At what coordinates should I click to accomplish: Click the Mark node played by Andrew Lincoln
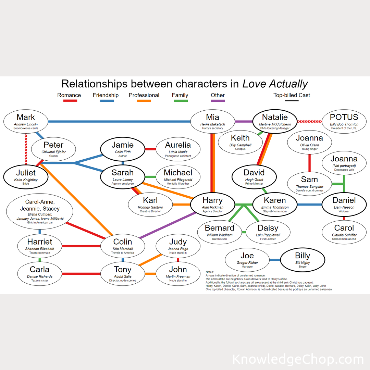click(x=26, y=121)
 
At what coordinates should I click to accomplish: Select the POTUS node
click(x=344, y=121)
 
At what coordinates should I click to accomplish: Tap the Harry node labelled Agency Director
click(x=213, y=204)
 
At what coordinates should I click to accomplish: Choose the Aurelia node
click(x=178, y=149)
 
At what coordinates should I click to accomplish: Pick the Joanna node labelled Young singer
click(x=309, y=142)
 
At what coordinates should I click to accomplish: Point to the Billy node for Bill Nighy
click(x=303, y=260)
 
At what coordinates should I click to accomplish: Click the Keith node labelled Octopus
click(x=241, y=142)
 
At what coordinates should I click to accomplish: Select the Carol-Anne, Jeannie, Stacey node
click(x=40, y=211)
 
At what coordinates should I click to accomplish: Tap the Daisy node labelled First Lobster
click(x=268, y=232)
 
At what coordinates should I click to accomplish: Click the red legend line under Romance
click(x=69, y=101)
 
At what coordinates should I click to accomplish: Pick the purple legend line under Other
click(x=218, y=101)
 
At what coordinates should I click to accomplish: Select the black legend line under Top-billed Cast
click(x=292, y=101)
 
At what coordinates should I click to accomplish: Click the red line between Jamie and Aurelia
click(x=150, y=149)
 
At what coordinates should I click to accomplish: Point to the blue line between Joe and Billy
click(x=275, y=260)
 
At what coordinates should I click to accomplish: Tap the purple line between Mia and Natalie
click(x=244, y=121)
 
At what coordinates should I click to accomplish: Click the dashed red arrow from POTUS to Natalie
click(x=310, y=121)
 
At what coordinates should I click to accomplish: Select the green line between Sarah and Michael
click(x=150, y=177)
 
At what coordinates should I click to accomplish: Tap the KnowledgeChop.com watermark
click(x=298, y=359)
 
